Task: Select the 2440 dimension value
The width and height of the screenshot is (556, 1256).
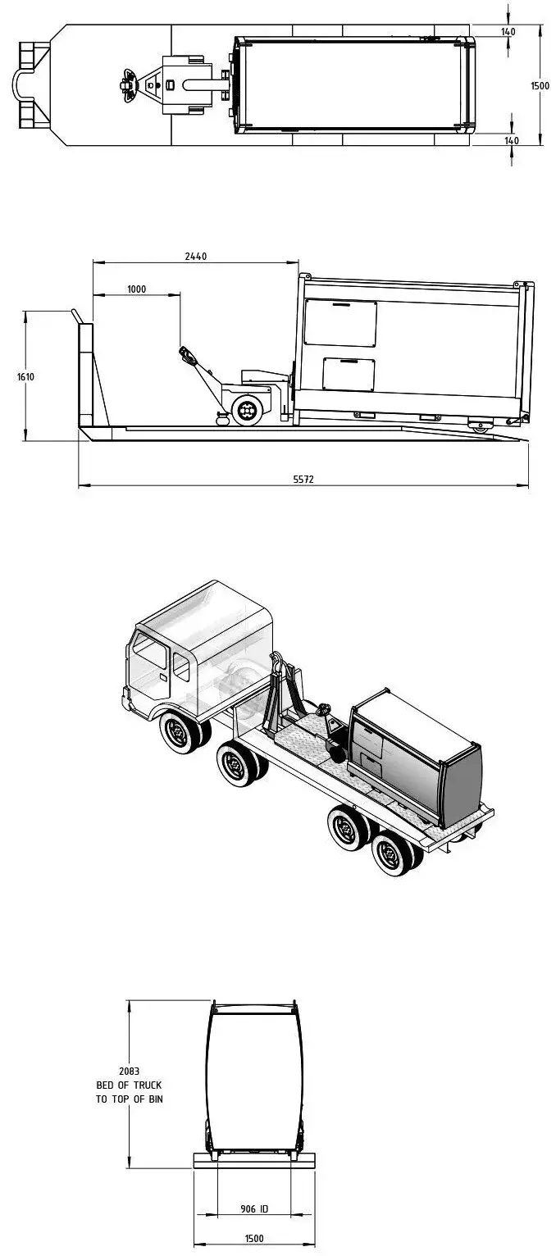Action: pyautogui.click(x=196, y=256)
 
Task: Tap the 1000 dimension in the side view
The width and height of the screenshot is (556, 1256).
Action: pyautogui.click(x=137, y=289)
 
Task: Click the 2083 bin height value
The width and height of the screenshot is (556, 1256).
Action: pyautogui.click(x=129, y=1071)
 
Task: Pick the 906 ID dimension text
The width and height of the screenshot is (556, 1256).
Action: pyautogui.click(x=254, y=1209)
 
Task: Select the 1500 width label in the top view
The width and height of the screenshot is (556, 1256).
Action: pyautogui.click(x=540, y=86)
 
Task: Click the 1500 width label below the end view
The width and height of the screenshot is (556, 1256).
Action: pyautogui.click(x=254, y=1239)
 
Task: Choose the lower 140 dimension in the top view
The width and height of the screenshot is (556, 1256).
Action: pyautogui.click(x=512, y=140)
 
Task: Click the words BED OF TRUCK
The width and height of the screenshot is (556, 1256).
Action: pyautogui.click(x=129, y=1085)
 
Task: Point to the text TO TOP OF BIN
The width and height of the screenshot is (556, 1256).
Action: pyautogui.click(x=129, y=1099)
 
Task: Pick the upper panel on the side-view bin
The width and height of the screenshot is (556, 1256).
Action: pyautogui.click(x=340, y=322)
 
